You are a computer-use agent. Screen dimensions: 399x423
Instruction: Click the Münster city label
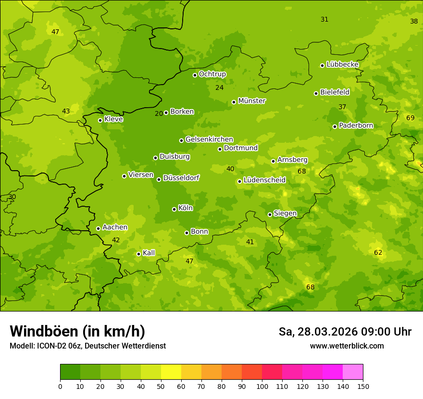251,101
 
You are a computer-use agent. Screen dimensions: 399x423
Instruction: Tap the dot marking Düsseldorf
159,179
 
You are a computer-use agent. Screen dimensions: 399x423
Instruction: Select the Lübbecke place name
342,64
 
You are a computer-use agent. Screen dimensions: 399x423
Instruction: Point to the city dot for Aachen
98,228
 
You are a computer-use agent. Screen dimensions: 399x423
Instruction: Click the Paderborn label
356,125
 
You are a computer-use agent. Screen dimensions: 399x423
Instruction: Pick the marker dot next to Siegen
270,214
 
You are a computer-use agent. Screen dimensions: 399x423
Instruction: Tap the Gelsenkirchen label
209,139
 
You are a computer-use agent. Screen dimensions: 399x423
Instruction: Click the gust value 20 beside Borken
159,114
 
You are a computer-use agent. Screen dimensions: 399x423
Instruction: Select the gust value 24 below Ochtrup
219,88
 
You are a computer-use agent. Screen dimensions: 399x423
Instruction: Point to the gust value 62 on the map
378,252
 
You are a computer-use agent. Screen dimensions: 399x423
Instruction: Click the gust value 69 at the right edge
410,118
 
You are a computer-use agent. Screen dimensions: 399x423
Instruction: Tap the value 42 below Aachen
116,240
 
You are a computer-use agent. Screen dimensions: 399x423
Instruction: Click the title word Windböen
43,331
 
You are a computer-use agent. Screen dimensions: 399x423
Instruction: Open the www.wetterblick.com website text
347,346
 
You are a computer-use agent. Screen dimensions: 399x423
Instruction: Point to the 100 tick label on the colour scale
262,386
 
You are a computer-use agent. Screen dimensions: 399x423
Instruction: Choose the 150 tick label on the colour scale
363,386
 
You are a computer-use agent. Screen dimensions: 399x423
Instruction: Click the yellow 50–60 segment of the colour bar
171,372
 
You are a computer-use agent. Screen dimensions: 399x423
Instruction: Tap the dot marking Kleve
100,120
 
